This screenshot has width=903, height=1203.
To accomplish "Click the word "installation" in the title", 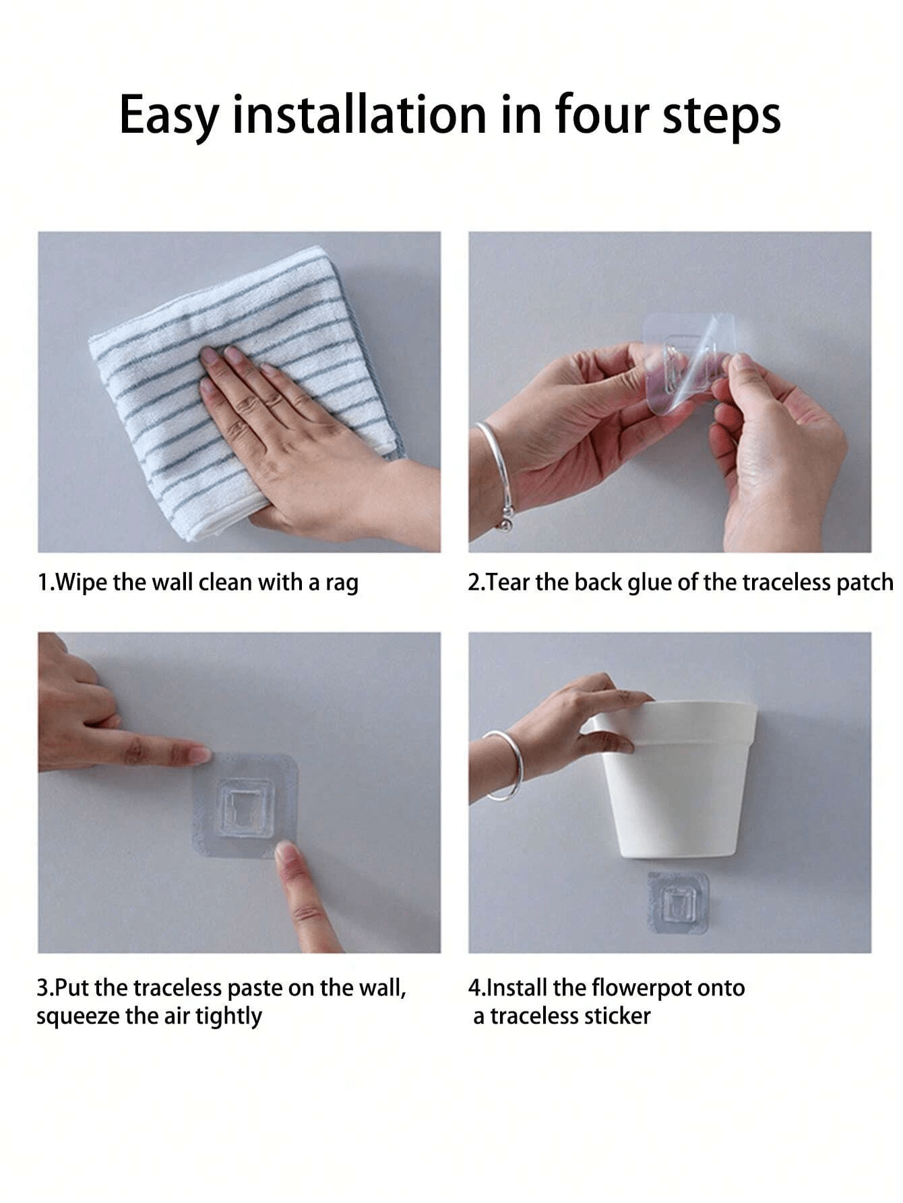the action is [x=359, y=115].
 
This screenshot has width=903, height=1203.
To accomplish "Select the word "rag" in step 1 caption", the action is [x=342, y=584].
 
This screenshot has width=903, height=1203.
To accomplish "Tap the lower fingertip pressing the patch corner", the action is [x=286, y=853].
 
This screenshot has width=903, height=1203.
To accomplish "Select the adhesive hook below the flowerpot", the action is [x=678, y=902].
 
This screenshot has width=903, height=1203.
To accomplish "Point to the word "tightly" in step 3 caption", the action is [x=228, y=1017].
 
